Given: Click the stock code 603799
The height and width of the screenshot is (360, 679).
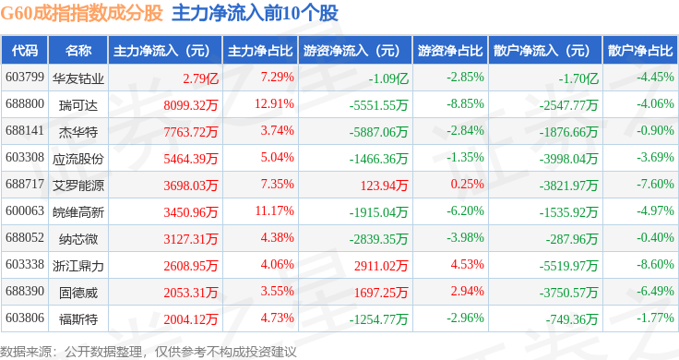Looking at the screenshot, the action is pyautogui.click(x=25, y=78).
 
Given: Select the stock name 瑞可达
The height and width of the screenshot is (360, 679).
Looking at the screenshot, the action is pyautogui.click(x=78, y=105).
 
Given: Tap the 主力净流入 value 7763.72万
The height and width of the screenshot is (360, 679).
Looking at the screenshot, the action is pyautogui.click(x=191, y=132).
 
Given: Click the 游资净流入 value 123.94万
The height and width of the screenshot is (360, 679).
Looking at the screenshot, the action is pyautogui.click(x=384, y=186).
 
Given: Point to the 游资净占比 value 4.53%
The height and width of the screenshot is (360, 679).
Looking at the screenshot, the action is pyautogui.click(x=467, y=264).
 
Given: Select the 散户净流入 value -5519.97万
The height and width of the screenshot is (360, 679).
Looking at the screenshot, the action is pyautogui.click(x=568, y=266).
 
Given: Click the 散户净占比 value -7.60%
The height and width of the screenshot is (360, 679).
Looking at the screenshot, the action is pyautogui.click(x=655, y=184).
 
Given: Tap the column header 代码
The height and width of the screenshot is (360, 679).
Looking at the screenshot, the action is pyautogui.click(x=25, y=51).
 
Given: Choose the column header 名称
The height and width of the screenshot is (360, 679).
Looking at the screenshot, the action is pyautogui.click(x=78, y=51).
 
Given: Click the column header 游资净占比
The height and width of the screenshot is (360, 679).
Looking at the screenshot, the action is pyautogui.click(x=450, y=51).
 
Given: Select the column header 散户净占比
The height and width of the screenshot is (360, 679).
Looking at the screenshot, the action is pyautogui.click(x=640, y=51).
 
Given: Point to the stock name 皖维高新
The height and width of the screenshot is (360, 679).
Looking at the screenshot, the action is pyautogui.click(x=78, y=212).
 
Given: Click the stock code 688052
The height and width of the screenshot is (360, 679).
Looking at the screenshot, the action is pyautogui.click(x=25, y=238).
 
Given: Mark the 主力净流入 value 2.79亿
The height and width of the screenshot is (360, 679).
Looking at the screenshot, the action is pyautogui.click(x=200, y=78).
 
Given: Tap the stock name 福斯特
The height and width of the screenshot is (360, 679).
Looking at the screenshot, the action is pyautogui.click(x=78, y=319).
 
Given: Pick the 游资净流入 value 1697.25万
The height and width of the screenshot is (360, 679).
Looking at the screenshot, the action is pyautogui.click(x=381, y=293).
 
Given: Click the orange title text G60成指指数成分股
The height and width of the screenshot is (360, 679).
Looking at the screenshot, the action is pyautogui.click(x=81, y=13).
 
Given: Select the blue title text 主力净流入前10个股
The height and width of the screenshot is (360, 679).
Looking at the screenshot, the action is pyautogui.click(x=255, y=13).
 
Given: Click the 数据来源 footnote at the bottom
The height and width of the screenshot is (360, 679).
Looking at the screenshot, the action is pyautogui.click(x=149, y=352).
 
